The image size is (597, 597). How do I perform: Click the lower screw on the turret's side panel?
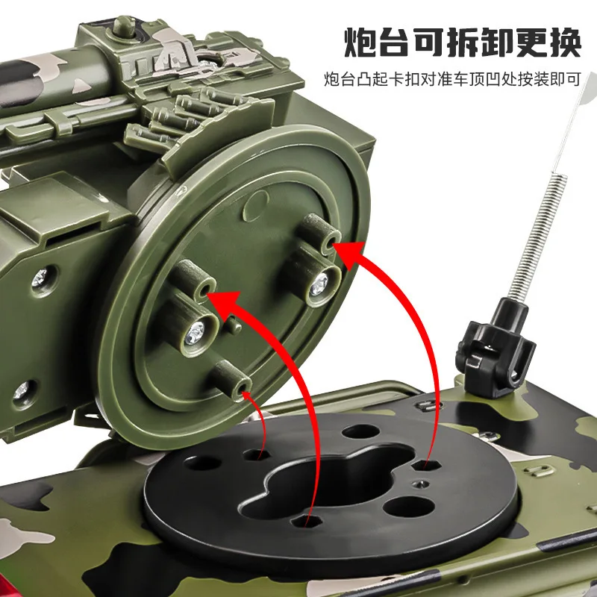click(x=22, y=389)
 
